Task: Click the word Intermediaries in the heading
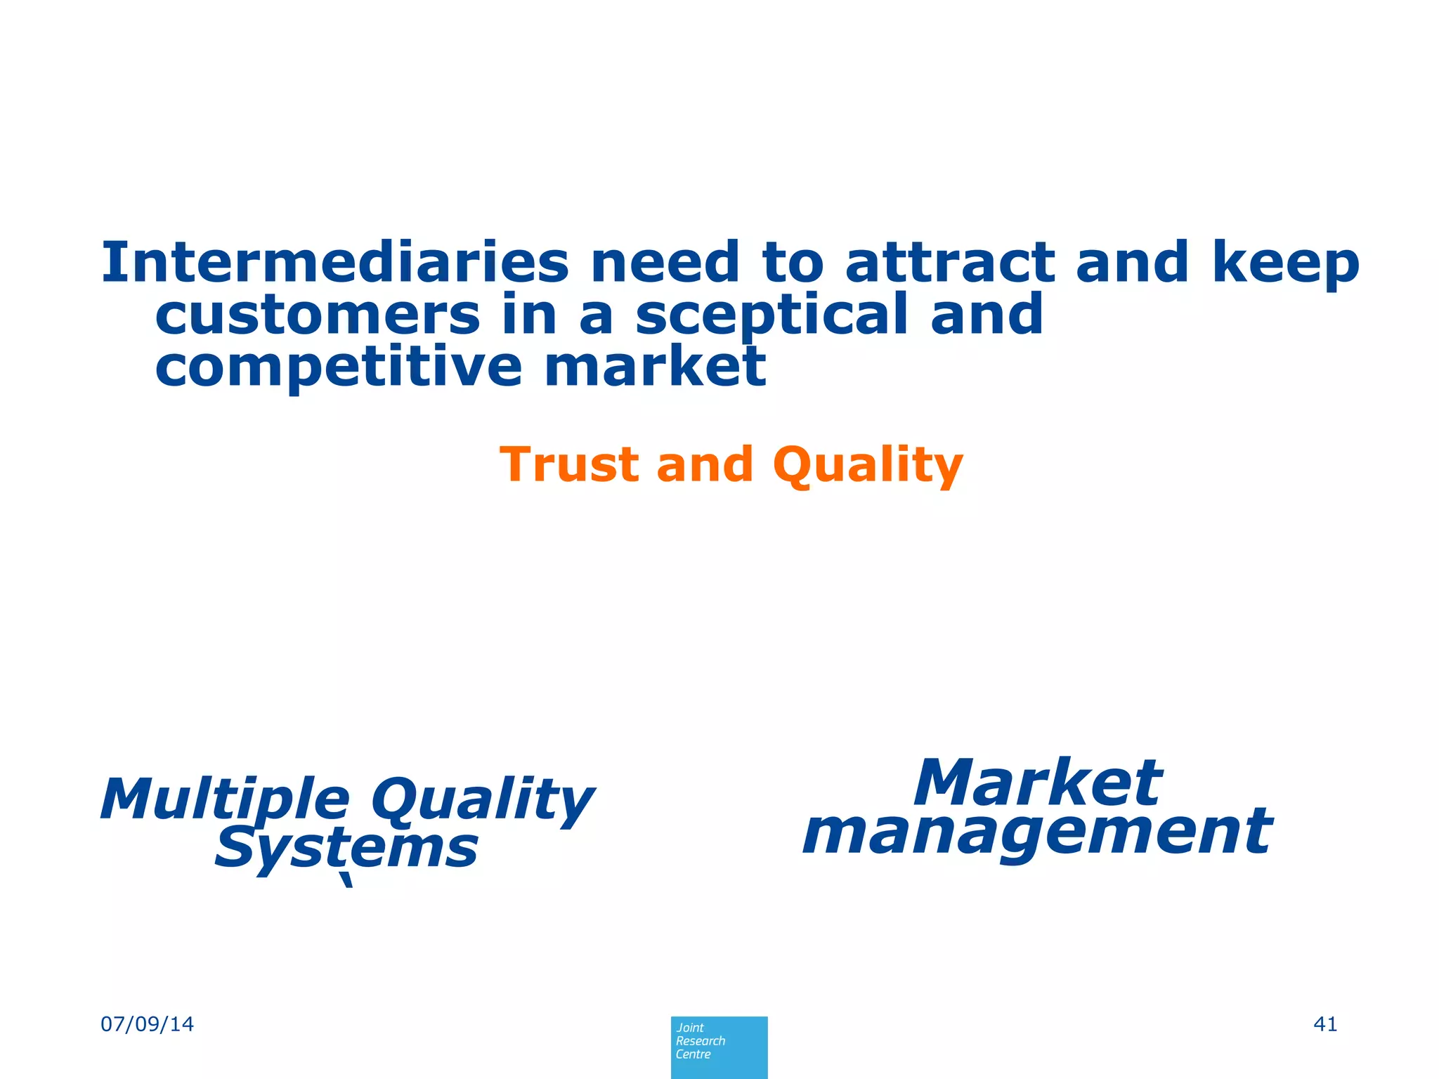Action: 334,263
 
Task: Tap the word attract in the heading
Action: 950,263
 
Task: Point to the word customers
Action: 318,315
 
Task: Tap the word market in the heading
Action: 655,367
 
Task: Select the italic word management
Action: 1037,833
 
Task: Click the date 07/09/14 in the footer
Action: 148,1024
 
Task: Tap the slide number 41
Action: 1325,1024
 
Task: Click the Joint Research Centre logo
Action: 719,1047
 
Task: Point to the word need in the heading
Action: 665,263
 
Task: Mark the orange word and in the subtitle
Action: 705,465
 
